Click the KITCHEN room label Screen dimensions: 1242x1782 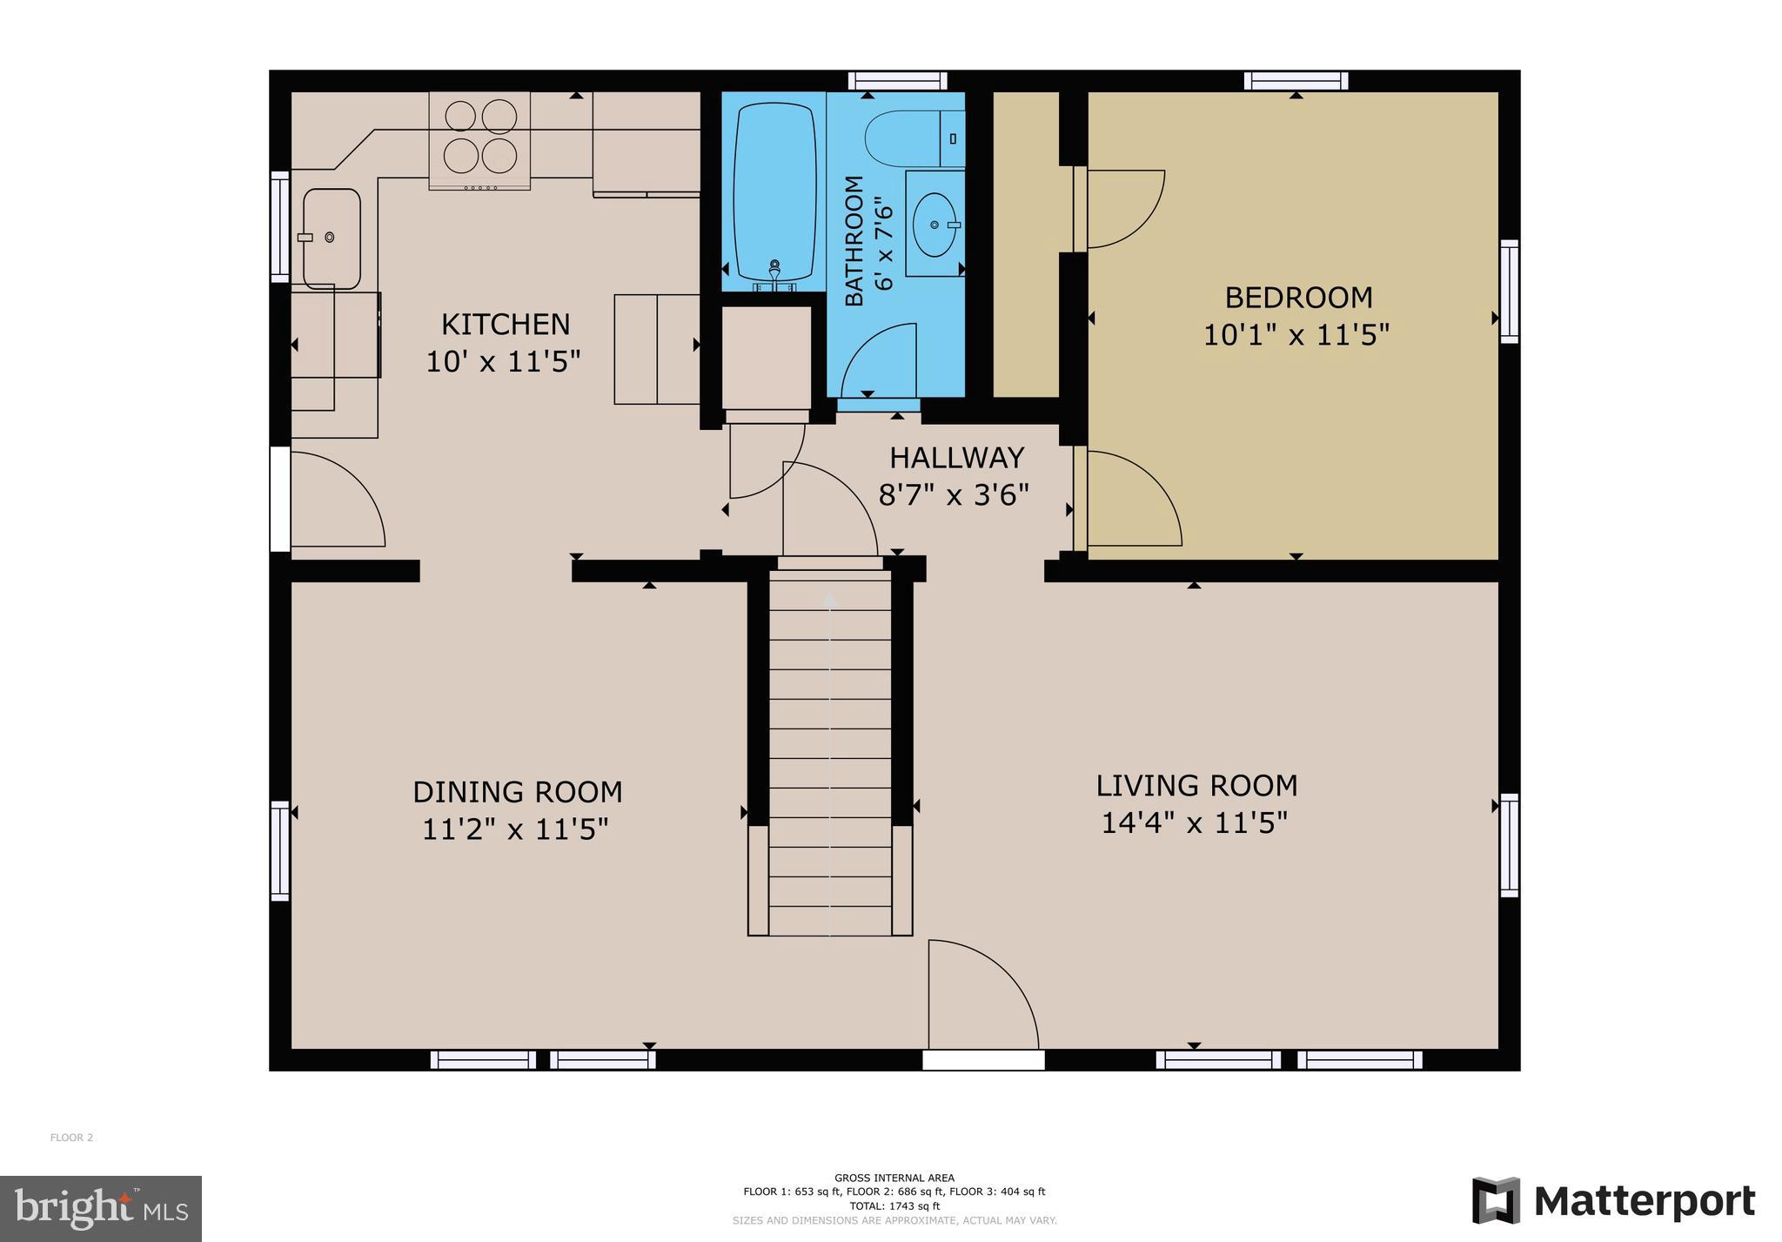[506, 325]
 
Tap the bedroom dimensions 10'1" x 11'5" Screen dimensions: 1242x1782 [1296, 335]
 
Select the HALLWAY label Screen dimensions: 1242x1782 [956, 458]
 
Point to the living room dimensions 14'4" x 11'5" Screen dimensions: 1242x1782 [1194, 822]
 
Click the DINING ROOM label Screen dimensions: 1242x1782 [517, 792]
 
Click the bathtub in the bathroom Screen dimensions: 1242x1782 [774, 191]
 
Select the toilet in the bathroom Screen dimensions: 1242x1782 [909, 138]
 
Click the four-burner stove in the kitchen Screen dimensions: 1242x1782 [479, 137]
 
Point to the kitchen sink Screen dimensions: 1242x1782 [332, 238]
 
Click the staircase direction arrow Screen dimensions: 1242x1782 [830, 601]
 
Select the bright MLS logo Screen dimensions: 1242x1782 [101, 1209]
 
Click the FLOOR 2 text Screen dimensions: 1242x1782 [71, 1138]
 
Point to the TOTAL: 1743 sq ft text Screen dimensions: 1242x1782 [894, 1206]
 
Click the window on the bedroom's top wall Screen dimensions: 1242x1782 [1296, 81]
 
